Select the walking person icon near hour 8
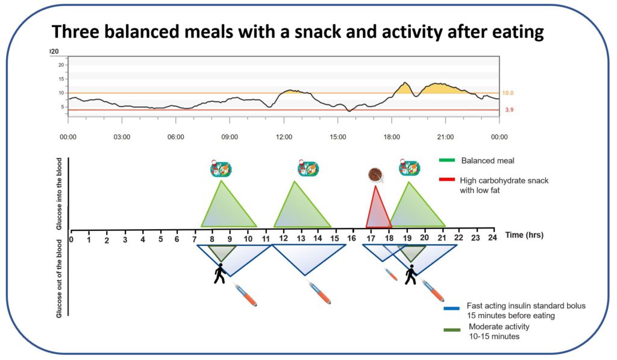pos(221,274)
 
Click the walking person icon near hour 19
pos(412,274)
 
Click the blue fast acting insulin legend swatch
pos(452,309)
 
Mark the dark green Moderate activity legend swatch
pos(452,329)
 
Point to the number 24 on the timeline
pos(492,239)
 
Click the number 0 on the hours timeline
pos(71,239)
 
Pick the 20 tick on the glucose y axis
pos(60,65)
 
